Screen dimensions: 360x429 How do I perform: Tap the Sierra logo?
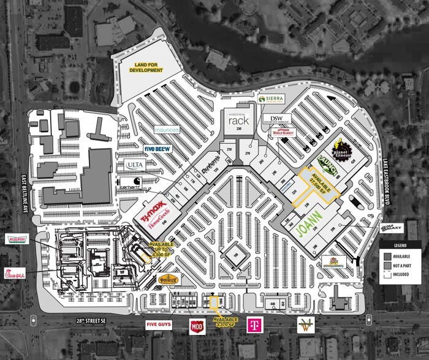tap(271, 99)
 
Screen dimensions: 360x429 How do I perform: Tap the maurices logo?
tap(166, 130)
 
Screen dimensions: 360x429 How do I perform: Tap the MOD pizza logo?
tap(197, 326)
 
